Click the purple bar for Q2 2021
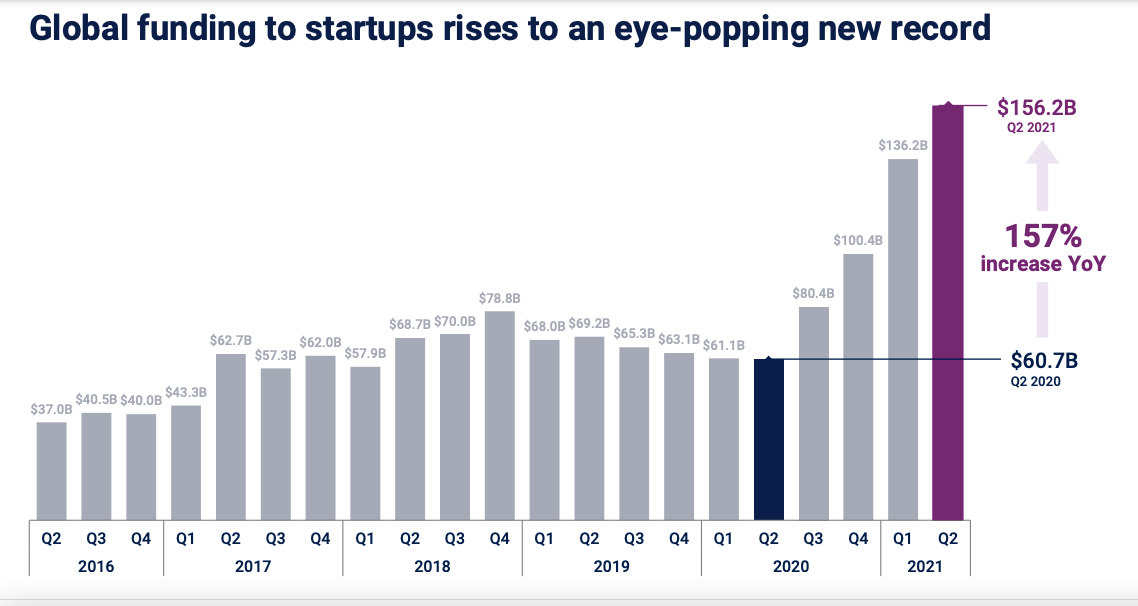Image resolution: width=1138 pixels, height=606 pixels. tap(947, 311)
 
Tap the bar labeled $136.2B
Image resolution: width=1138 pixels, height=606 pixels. tap(902, 339)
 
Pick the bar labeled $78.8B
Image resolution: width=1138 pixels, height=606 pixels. tap(499, 415)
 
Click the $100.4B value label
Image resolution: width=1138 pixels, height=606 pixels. tap(857, 241)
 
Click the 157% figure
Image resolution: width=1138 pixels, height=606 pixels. tap(1043, 237)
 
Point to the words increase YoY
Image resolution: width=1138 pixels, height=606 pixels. tap(1043, 264)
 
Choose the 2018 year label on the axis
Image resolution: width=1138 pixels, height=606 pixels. tap(432, 566)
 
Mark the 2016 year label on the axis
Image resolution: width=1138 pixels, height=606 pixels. tap(96, 566)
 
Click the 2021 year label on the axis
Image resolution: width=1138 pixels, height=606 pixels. tap(925, 566)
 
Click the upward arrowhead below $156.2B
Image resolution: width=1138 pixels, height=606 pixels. tap(1042, 154)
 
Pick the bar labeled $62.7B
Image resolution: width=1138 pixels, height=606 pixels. tap(231, 436)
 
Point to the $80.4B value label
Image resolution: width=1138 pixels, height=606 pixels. tap(813, 294)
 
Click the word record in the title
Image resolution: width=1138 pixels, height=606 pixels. tap(937, 28)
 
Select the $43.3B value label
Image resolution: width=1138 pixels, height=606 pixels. tap(186, 392)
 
